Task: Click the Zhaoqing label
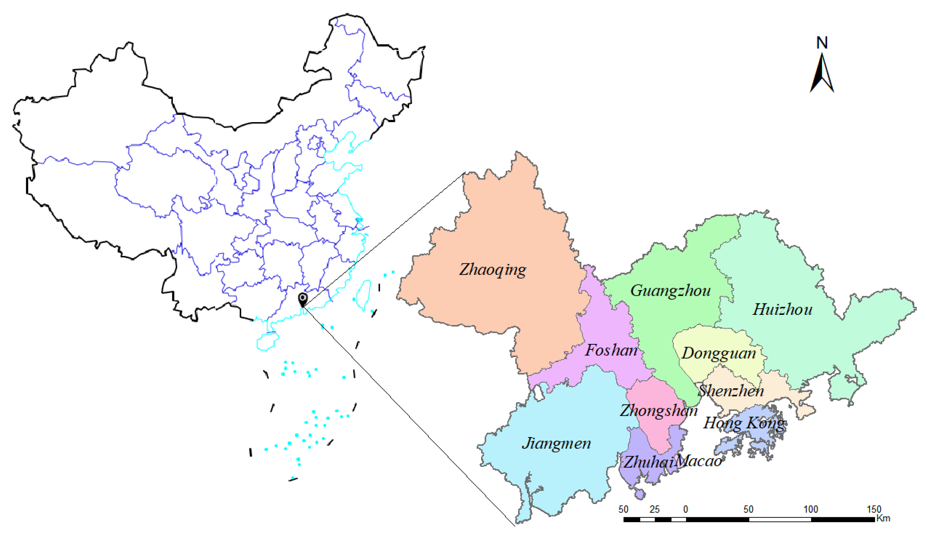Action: click(492, 270)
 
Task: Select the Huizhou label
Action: click(782, 310)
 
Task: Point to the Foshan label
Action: click(611, 350)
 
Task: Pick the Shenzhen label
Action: click(731, 391)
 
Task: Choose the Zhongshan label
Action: click(658, 411)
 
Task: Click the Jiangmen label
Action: click(556, 444)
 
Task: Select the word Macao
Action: click(698, 461)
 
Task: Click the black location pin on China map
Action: click(302, 299)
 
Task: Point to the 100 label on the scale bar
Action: click(811, 509)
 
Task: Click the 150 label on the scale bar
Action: click(874, 509)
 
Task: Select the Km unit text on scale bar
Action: click(883, 518)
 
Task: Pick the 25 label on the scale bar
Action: click(654, 509)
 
